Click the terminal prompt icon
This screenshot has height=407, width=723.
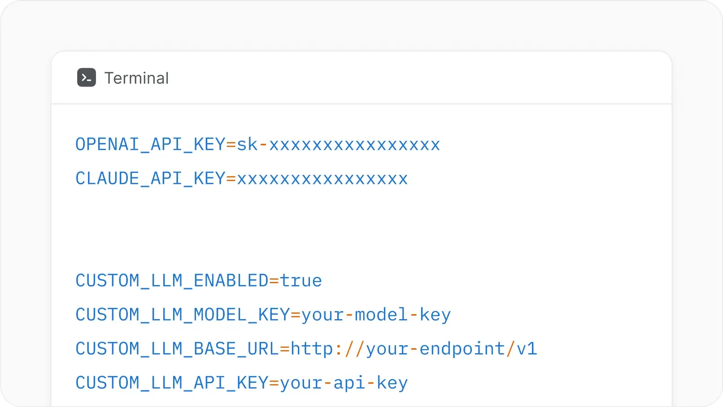[x=87, y=78]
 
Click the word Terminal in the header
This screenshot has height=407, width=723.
[x=136, y=78]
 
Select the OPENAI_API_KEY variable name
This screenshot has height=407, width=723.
[x=150, y=144]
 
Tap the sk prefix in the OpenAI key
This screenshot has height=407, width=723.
[x=247, y=144]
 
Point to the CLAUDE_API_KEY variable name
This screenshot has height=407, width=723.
[x=150, y=178]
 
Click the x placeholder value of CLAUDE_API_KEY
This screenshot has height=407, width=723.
[x=322, y=179]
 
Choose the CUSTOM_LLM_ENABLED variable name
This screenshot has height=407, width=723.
[x=172, y=281]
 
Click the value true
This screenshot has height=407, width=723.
[x=301, y=281]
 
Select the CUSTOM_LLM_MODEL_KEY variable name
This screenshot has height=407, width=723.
[x=183, y=315]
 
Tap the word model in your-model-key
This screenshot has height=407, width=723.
[x=381, y=315]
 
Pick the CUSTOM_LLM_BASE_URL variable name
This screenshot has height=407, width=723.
[x=177, y=349]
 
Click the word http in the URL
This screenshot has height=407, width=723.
[x=312, y=348]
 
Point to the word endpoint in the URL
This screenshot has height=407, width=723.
[x=462, y=349]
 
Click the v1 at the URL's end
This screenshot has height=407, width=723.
[x=527, y=349]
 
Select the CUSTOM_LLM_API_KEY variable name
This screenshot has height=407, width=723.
[x=172, y=383]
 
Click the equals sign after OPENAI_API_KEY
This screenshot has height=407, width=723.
[x=231, y=144]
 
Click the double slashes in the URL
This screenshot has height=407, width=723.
[x=355, y=349]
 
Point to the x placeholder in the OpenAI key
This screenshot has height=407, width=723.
[x=355, y=145]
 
